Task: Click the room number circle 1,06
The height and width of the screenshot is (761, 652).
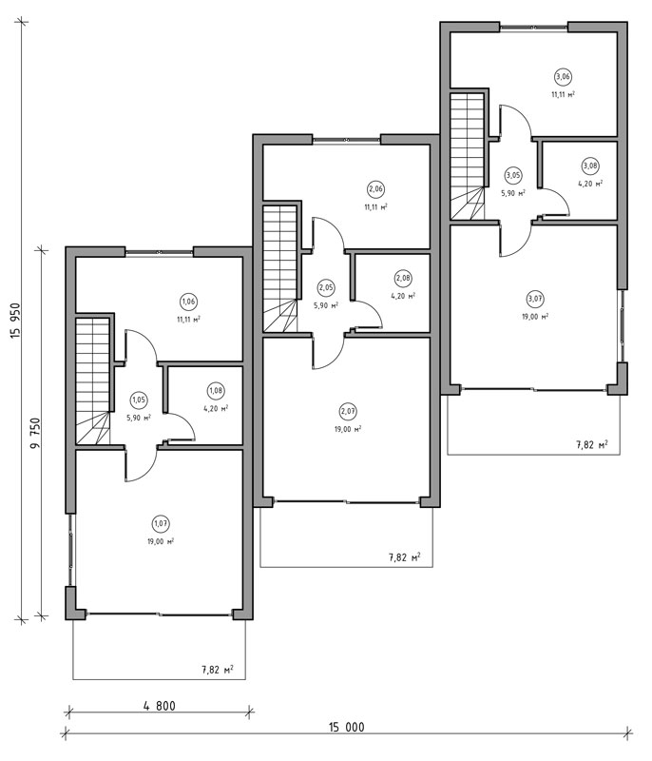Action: (x=188, y=302)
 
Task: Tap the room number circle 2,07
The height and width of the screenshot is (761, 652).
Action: (x=348, y=412)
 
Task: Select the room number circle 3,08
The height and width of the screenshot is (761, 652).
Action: (x=590, y=166)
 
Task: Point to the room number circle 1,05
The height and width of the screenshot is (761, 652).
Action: (x=139, y=400)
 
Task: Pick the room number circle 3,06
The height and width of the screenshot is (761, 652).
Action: (x=563, y=77)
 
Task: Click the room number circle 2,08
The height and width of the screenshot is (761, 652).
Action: (x=403, y=278)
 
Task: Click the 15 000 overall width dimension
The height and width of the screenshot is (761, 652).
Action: (x=347, y=727)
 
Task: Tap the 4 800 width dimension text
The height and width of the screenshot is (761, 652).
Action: (x=160, y=705)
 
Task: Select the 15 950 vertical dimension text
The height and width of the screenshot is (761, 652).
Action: (x=15, y=321)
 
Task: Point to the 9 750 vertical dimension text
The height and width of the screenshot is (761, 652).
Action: (x=35, y=433)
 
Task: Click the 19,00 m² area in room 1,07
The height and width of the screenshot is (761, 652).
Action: (x=161, y=541)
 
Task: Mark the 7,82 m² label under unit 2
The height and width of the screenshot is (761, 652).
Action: (x=404, y=557)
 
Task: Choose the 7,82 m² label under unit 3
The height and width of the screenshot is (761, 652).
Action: (x=592, y=444)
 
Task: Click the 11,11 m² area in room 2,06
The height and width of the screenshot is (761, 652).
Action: (x=375, y=206)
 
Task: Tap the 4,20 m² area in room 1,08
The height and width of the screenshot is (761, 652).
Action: (x=216, y=409)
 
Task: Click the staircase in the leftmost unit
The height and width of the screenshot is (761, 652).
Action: (x=92, y=381)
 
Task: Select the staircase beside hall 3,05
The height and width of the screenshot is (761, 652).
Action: (x=468, y=156)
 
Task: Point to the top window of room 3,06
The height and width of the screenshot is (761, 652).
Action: (x=533, y=29)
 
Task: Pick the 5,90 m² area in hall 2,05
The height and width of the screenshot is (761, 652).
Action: (x=326, y=305)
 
